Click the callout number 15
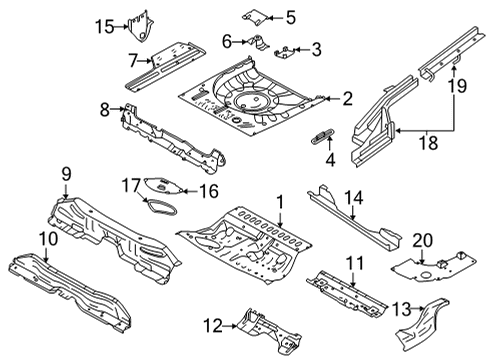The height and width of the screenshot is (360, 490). click(104, 26)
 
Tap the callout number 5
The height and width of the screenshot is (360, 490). click(291, 17)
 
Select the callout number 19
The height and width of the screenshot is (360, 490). click(459, 86)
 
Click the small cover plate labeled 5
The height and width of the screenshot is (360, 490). click(252, 16)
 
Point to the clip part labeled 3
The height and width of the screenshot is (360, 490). click(290, 50)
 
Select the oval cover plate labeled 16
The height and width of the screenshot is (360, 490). click(158, 185)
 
